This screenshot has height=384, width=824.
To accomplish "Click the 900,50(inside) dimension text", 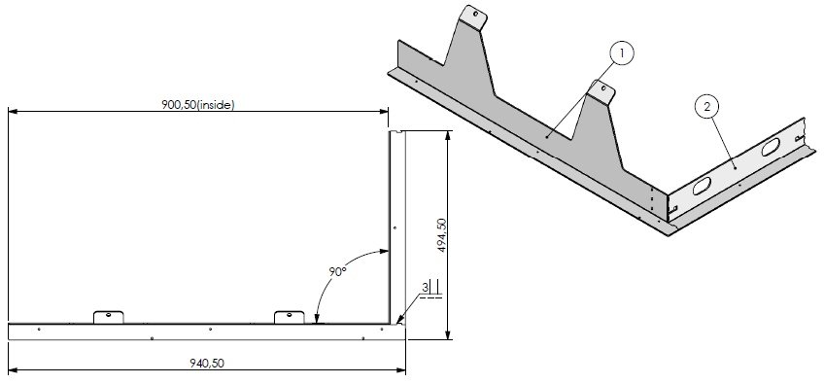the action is (197, 104).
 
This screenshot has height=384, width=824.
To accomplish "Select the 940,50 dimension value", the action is (207, 363).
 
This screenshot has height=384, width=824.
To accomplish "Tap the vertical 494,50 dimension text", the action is (441, 235).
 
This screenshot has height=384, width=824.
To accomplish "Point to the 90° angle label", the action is (337, 272).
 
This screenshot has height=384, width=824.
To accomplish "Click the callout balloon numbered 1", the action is (622, 53).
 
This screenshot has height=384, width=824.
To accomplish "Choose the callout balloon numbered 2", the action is (706, 107).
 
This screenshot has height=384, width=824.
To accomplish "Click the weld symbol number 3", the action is (425, 287).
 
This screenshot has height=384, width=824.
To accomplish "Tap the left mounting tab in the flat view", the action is (108, 317).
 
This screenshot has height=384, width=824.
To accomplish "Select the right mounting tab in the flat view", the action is (289, 317).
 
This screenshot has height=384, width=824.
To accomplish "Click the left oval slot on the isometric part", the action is (702, 186).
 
